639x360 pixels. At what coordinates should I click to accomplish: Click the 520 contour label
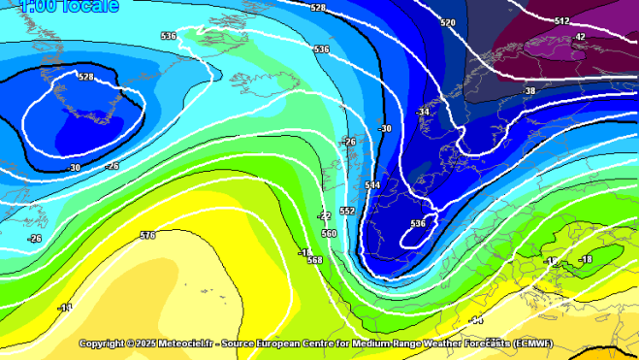pos(447,22)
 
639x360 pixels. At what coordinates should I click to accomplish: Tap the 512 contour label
pos(562,20)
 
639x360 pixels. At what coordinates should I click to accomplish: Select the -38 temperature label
pos(528,91)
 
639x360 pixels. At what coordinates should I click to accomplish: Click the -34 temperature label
pos(422,113)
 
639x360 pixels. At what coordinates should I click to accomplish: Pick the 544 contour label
pos(372,184)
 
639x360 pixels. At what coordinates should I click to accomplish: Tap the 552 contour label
pos(347,211)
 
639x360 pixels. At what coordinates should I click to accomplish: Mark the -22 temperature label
pos(325,215)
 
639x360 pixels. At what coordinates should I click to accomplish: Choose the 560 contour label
pos(329,234)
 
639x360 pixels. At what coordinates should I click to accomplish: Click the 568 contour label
pos(314,260)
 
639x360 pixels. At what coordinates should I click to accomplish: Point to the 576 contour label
pos(147,236)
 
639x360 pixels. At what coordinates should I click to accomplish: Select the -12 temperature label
pos(553,261)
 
